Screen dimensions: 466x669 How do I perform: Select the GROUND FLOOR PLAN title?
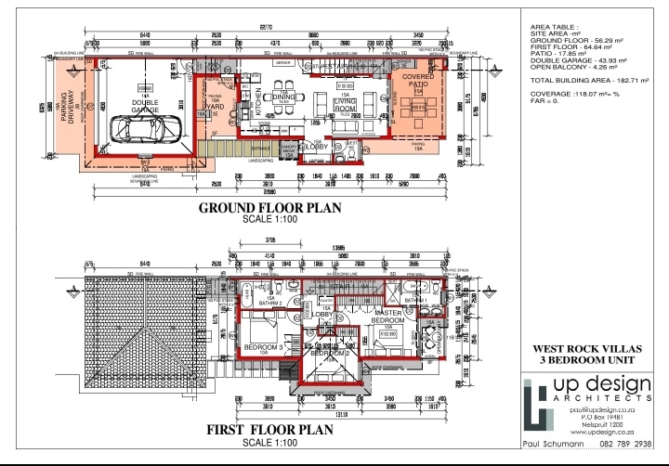point(269,208)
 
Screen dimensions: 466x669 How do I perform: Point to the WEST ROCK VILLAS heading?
point(584,349)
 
